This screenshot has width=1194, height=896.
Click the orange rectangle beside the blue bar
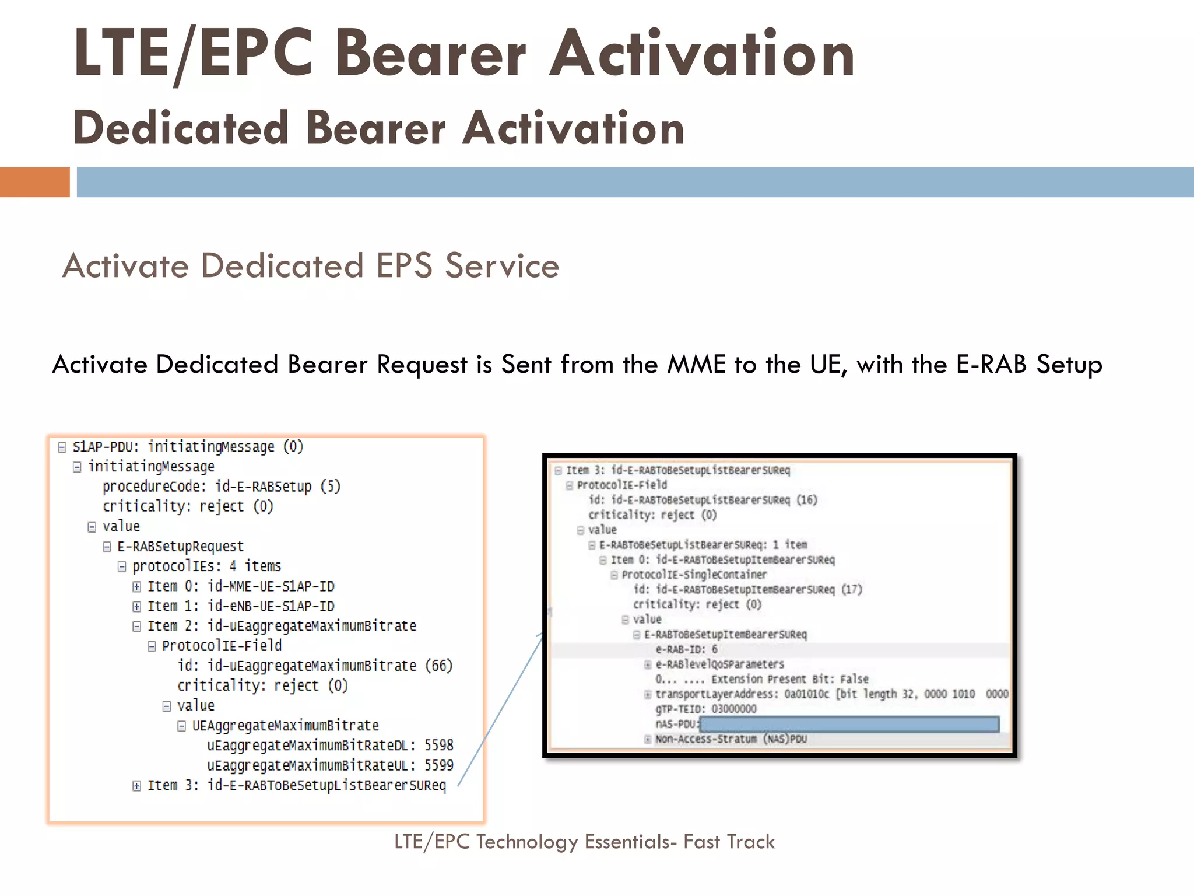(x=34, y=182)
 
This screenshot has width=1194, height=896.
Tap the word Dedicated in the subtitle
(x=181, y=128)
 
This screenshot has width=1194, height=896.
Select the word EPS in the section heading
(x=404, y=266)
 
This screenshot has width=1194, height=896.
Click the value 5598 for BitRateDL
(x=438, y=745)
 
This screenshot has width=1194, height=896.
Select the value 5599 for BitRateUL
(x=438, y=765)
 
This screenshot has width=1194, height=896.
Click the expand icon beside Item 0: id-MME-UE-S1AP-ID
(x=136, y=587)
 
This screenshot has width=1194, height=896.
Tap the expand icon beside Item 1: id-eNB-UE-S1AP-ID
(x=136, y=607)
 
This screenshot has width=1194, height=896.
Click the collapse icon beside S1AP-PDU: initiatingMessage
(x=62, y=447)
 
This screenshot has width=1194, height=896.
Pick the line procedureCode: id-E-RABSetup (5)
(x=221, y=487)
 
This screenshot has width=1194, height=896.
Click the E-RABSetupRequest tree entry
(x=180, y=547)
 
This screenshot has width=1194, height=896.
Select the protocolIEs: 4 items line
(x=206, y=566)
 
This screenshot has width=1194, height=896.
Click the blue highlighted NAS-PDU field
(x=849, y=724)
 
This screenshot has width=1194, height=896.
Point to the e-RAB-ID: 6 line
(x=686, y=649)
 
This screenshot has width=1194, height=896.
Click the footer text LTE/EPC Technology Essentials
(x=584, y=842)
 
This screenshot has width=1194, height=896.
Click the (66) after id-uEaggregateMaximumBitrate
(x=438, y=666)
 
